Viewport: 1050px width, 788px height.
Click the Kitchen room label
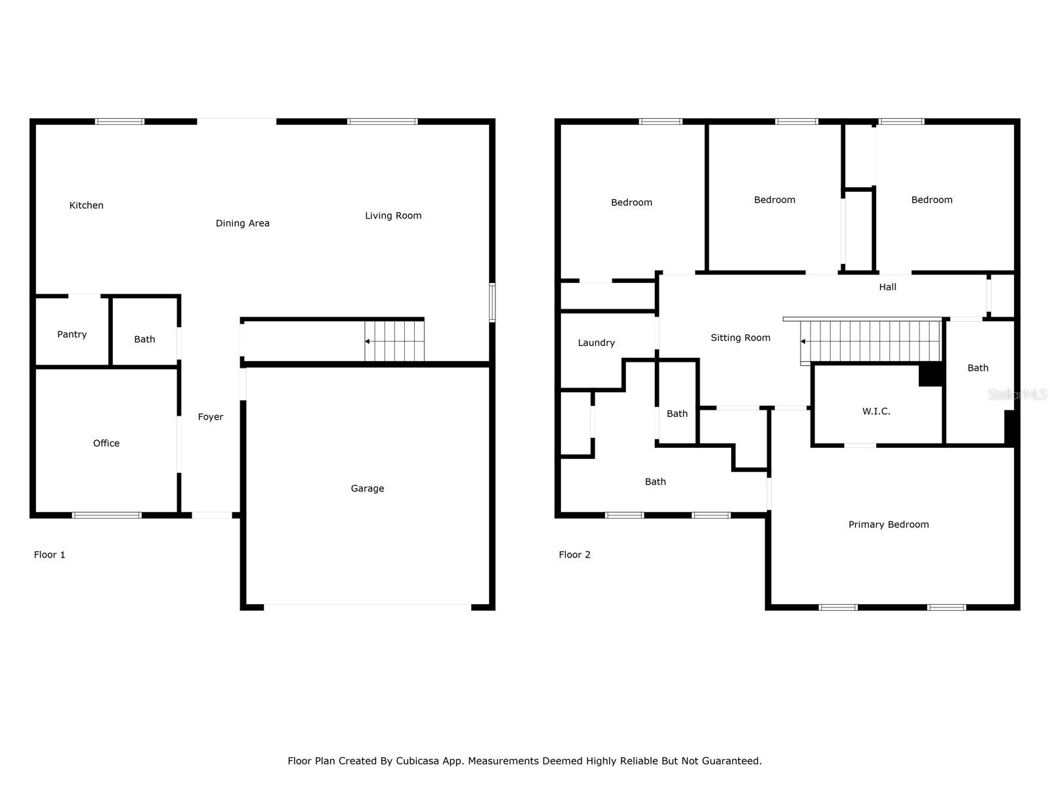pos(87,206)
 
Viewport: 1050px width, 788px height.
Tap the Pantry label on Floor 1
pos(72,334)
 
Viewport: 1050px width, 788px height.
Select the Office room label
pos(106,443)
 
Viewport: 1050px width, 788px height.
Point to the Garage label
pos(367,489)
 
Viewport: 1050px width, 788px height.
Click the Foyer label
pos(211,417)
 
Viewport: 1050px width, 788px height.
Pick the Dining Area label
pos(243,223)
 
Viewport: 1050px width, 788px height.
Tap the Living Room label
pos(393,215)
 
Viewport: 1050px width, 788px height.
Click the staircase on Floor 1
pos(394,341)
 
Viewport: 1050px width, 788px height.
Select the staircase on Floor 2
pos(871,341)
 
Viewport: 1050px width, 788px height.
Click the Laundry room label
pos(597,343)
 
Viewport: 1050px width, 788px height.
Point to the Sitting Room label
pos(740,338)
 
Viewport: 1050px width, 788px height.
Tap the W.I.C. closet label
pos(876,412)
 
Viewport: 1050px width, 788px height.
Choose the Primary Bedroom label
pos(889,525)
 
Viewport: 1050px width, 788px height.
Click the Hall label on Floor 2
pos(887,287)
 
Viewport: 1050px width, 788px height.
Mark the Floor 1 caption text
pos(50,555)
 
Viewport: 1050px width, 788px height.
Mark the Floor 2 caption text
pos(575,555)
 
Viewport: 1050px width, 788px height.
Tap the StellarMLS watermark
pos(1017,395)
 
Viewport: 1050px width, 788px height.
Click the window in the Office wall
pos(106,515)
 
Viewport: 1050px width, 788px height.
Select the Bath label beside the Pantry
pos(145,339)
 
